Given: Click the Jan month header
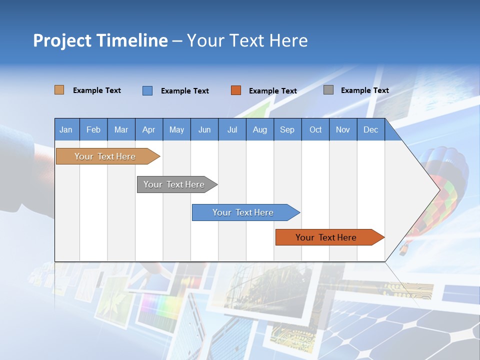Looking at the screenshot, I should click(x=66, y=129).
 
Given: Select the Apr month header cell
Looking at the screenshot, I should click(x=148, y=129).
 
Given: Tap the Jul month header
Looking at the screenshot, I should click(x=232, y=129).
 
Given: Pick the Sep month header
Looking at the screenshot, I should click(x=287, y=129).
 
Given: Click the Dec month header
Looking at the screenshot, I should click(x=370, y=129).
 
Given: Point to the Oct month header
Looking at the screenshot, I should click(x=315, y=129).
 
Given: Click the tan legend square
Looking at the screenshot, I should click(x=59, y=90).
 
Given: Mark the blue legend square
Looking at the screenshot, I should click(x=147, y=90).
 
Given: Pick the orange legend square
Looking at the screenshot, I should click(x=235, y=90).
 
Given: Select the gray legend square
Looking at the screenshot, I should click(x=328, y=90).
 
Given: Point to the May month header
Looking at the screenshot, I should click(x=176, y=129).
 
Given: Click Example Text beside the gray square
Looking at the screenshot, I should click(x=364, y=90).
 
